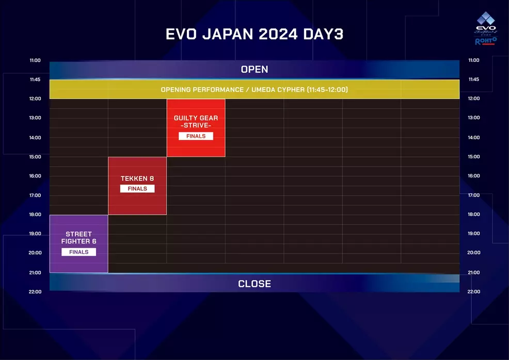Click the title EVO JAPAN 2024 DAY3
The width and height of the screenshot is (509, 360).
point(254,34)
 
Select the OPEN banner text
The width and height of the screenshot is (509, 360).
point(254,69)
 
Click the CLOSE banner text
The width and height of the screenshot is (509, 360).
point(254,284)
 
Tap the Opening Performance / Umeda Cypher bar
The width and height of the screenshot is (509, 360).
point(254,90)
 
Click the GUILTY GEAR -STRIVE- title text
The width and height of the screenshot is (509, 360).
point(196,122)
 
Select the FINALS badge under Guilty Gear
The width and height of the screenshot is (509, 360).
point(196,136)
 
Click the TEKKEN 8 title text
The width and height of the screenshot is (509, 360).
point(137,178)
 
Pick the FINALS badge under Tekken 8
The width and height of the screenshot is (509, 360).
point(137,189)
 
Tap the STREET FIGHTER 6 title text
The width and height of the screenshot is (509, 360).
point(78,238)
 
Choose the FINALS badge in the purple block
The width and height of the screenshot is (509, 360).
point(78,252)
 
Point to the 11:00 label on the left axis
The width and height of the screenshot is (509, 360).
point(35,60)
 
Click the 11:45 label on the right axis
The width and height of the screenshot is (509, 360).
point(473,79)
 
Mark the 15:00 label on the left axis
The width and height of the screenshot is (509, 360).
point(35,157)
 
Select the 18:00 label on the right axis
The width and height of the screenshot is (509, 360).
point(473,215)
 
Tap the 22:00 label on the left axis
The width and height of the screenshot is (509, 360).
point(35,292)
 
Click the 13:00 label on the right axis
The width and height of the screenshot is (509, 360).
point(473,118)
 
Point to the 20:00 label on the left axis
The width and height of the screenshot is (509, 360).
point(35,253)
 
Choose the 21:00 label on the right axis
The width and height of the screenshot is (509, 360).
point(473,272)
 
